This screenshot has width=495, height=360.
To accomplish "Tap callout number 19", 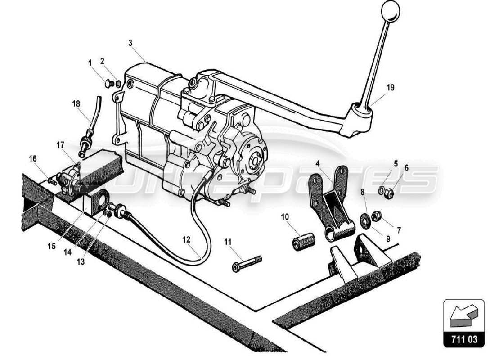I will tap(390, 88).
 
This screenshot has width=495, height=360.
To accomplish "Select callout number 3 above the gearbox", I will tap(130, 43).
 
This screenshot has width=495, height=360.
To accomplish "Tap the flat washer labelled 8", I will tap(366, 220).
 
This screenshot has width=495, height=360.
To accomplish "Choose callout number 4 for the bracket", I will tap(318, 164).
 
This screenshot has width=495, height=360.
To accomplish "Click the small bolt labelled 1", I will tap(108, 84).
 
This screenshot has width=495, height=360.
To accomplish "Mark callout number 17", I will tap(60, 144).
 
